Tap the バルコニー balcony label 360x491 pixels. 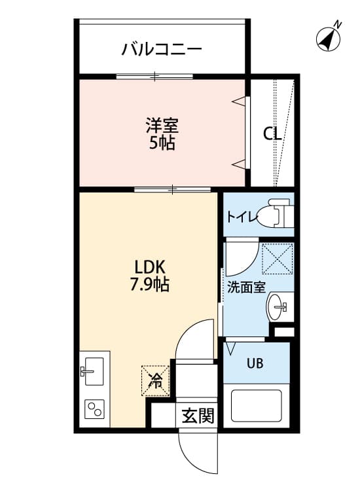pos(161,49)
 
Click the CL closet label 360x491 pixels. pos(272,134)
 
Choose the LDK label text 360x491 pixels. pos(152,268)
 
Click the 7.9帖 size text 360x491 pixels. pos(152,285)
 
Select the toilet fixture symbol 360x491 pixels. pos(275,215)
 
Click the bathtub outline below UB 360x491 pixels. pos(256,407)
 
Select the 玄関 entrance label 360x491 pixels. pos(198,415)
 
